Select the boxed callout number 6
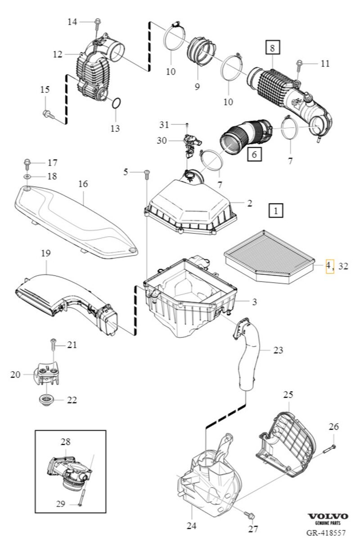click(254, 154)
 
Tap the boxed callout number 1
click(276, 210)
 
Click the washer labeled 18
click(27, 176)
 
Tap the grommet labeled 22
click(46, 399)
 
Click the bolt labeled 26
click(331, 448)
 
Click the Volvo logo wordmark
click(327, 516)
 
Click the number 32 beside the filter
click(343, 266)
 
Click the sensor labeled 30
click(189, 143)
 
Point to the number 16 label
click(83, 184)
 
